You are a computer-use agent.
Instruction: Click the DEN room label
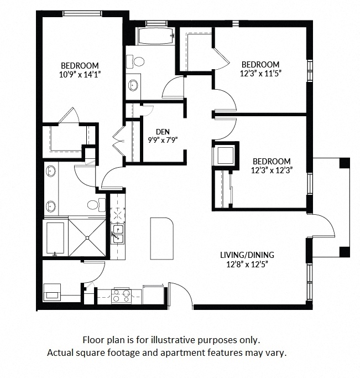(162, 131)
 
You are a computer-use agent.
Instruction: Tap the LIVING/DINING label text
(246, 255)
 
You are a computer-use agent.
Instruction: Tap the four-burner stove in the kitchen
(122, 296)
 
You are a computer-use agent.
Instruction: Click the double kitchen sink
(118, 234)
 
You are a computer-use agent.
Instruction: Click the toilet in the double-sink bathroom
(96, 204)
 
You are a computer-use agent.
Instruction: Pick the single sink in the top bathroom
(133, 85)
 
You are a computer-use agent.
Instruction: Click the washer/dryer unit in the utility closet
(53, 291)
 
